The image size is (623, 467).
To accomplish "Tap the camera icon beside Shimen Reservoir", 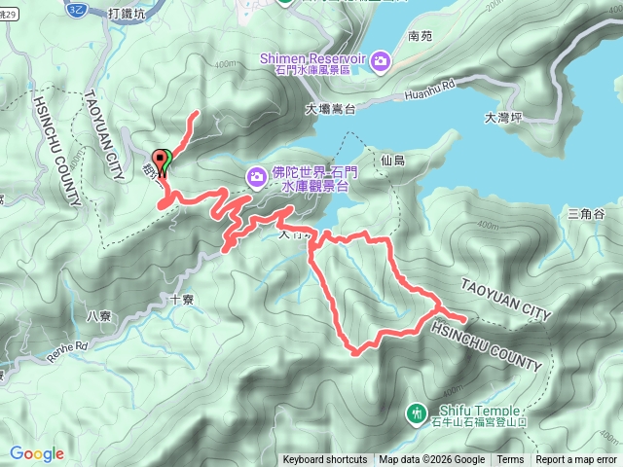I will click(x=381, y=62).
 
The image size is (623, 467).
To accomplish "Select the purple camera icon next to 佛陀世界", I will click(x=256, y=176).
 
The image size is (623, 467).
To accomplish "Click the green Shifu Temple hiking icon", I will click(x=417, y=413).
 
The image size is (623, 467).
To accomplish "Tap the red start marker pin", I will click(x=162, y=159).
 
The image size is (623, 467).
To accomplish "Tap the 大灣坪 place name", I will click(x=502, y=119).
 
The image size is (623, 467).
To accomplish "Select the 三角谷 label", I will click(x=586, y=214).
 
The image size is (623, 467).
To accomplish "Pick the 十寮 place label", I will click(x=181, y=300).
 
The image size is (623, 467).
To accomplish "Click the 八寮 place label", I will click(x=98, y=315).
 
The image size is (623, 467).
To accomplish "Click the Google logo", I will click(x=37, y=453).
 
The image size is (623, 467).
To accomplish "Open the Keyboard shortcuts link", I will click(x=325, y=460).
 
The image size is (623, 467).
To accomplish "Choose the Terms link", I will click(x=510, y=460).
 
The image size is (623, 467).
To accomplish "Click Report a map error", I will click(x=576, y=460).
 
